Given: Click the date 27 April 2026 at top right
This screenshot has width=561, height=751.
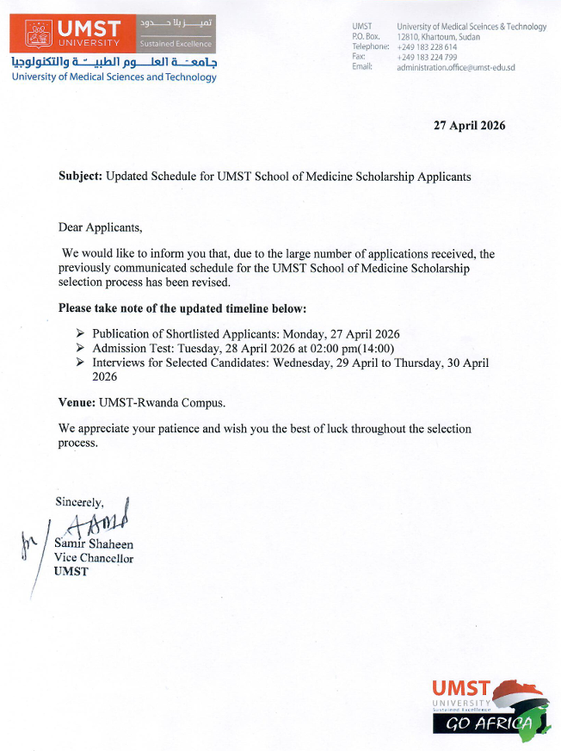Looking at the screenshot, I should tap(469, 126).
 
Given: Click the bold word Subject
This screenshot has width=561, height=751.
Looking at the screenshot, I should tap(80, 176).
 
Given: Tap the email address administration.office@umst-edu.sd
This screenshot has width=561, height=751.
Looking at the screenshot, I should tap(455, 68).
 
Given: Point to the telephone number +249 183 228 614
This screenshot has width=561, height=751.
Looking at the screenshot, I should tap(427, 47).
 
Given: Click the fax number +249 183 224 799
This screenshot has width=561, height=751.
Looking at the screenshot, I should tap(427, 58).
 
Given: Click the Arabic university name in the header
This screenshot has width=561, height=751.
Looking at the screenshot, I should tap(114, 63).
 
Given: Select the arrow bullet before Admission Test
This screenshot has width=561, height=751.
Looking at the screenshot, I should tap(80, 349).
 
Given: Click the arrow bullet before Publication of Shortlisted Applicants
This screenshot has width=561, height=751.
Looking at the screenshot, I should tap(80, 334).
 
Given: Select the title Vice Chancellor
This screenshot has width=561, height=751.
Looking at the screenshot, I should tap(93, 558).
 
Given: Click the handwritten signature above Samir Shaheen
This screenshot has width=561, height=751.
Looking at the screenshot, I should tap(102, 519).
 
